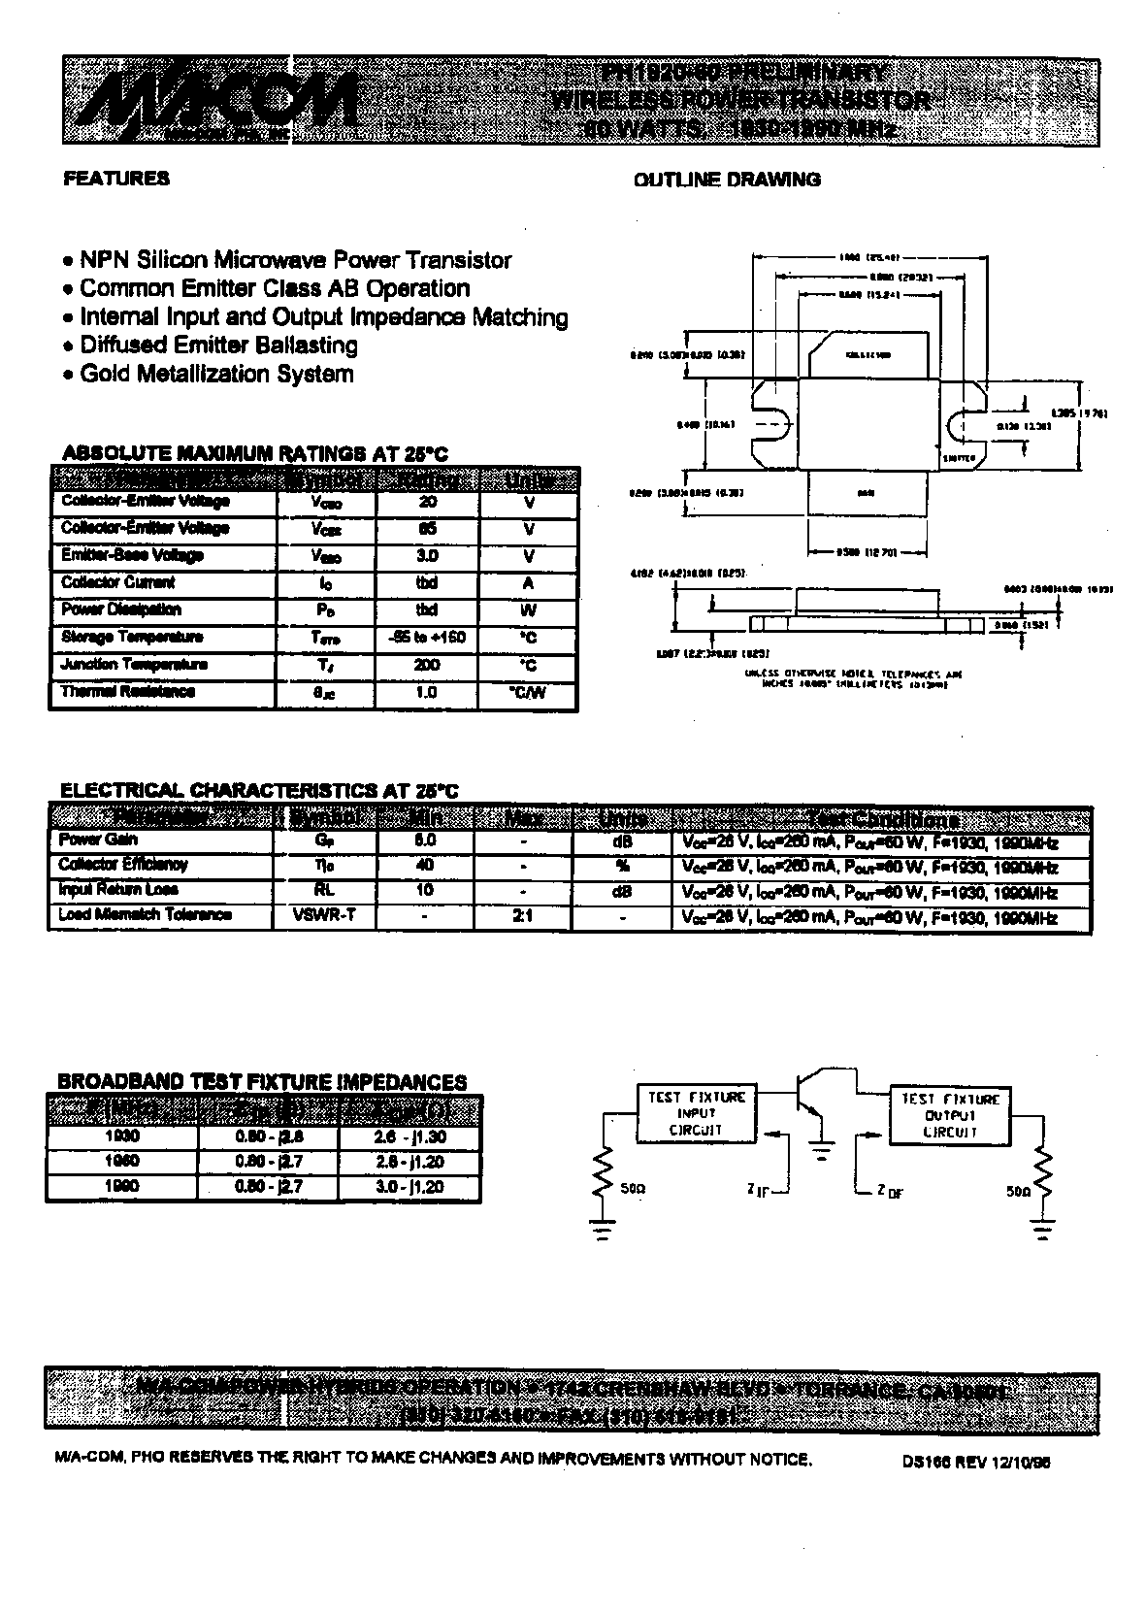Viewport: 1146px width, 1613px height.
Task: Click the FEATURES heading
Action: click(x=116, y=179)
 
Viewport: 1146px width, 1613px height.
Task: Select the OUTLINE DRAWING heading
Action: click(x=727, y=180)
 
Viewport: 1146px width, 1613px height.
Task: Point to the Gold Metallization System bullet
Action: click(x=216, y=375)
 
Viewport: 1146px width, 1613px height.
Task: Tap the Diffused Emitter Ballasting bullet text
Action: click(x=218, y=346)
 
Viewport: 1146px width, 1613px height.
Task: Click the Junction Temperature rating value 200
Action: click(x=427, y=665)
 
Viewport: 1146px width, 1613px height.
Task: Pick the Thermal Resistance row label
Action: click(x=128, y=692)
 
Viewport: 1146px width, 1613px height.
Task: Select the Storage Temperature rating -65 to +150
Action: click(x=427, y=638)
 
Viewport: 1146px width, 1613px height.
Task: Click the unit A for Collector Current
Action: click(x=528, y=583)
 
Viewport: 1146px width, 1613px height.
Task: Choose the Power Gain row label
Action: click(x=98, y=840)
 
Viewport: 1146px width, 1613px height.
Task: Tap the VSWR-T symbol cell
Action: click(x=323, y=915)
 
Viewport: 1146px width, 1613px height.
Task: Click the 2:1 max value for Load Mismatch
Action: click(x=523, y=915)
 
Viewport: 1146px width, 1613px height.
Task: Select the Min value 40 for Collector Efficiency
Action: click(x=424, y=865)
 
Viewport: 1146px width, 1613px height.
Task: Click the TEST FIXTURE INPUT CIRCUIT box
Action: click(x=696, y=1113)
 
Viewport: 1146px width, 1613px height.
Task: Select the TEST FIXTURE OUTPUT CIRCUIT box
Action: click(x=949, y=1115)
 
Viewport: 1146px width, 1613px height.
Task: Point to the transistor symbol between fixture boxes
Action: click(x=811, y=1097)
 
